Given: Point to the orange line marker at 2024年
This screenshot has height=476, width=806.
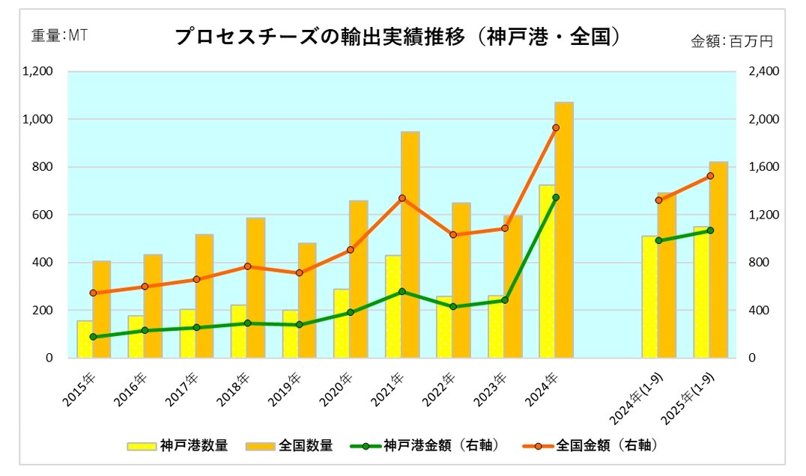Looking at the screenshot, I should point(556,128).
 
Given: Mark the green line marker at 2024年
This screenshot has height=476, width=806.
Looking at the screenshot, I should point(556,198).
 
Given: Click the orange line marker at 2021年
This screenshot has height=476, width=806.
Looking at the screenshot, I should point(402,198).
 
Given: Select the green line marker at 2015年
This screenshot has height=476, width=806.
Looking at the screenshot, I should point(93,337).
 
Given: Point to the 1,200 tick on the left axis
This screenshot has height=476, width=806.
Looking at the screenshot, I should point(38,72).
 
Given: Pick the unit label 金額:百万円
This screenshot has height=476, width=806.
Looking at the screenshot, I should point(731,42).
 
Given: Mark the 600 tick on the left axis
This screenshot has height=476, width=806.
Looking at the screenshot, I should point(44,215).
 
